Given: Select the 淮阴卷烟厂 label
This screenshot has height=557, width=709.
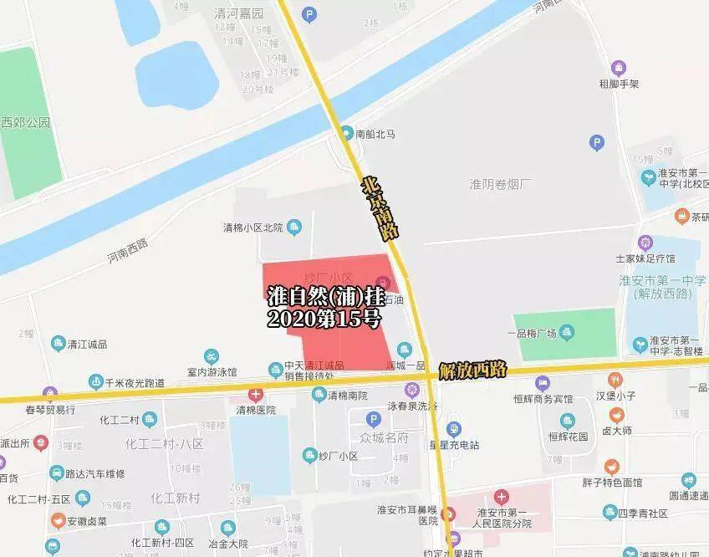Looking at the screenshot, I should pyautogui.click(x=502, y=183).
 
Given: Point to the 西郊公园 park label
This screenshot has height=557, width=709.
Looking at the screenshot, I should pyautogui.click(x=25, y=122).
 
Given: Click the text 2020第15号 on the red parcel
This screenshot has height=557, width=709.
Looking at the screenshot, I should pyautogui.click(x=324, y=319).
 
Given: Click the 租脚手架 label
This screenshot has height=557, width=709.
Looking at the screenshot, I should pyautogui.click(x=619, y=84).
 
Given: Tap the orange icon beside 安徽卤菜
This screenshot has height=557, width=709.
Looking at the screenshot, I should pyautogui.click(x=57, y=521).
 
